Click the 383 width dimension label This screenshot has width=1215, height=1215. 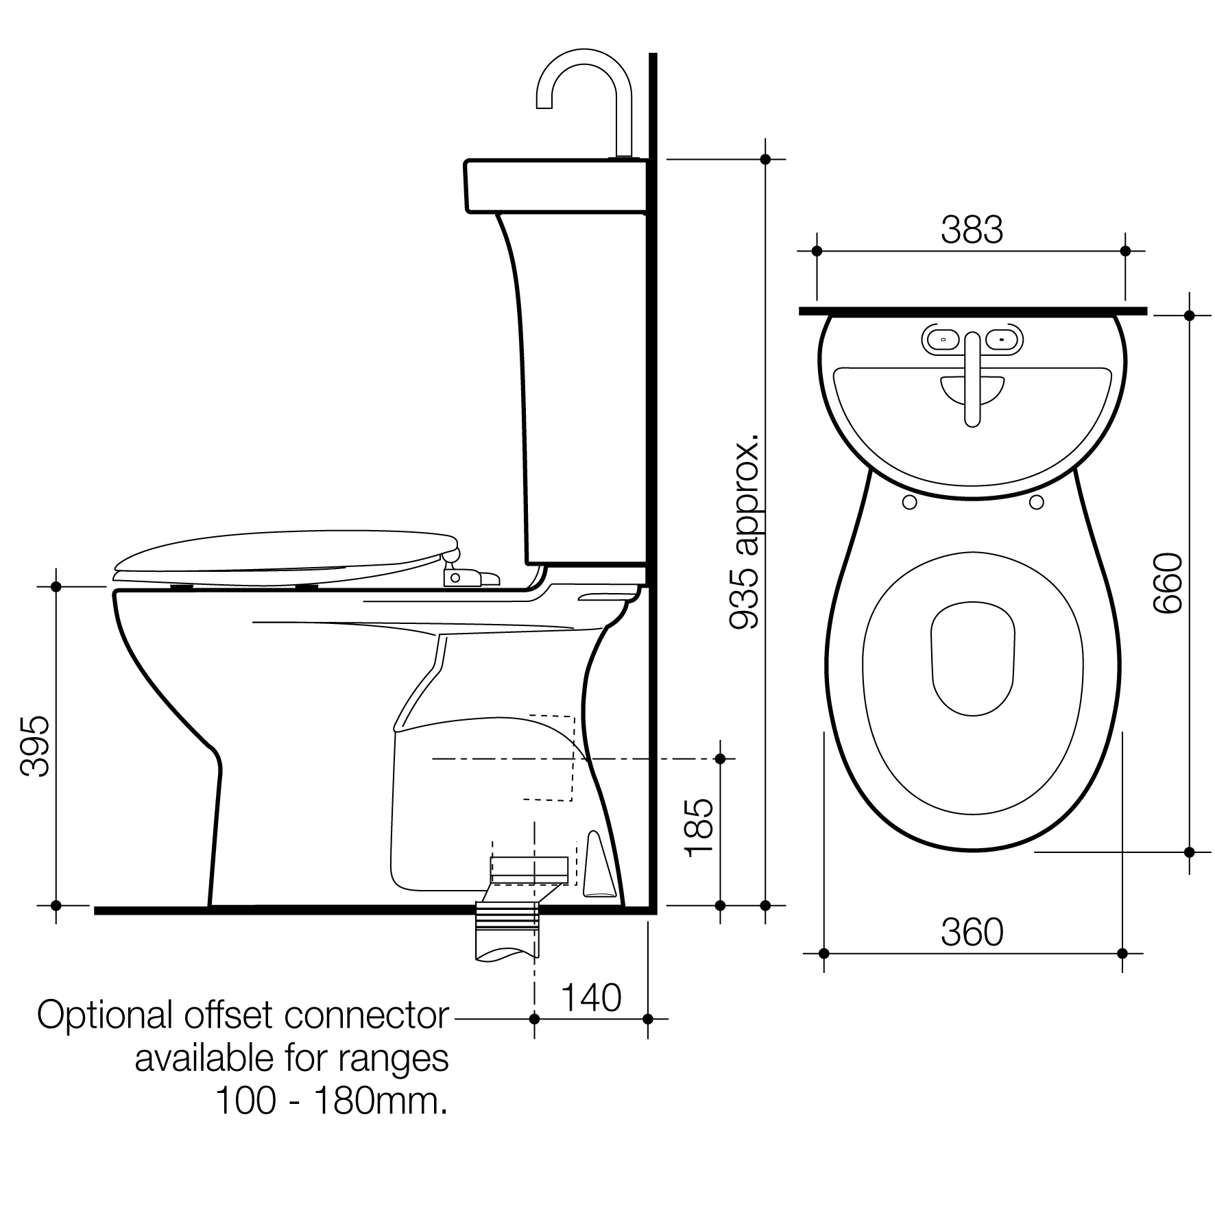pos(972,230)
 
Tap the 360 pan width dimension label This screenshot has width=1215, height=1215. pos(972,933)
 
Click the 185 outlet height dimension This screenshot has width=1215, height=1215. pos(699,827)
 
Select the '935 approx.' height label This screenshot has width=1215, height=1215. pos(745,531)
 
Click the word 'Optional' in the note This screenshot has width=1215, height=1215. pos(104,1015)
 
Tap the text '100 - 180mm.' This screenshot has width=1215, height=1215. pos(332,1102)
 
